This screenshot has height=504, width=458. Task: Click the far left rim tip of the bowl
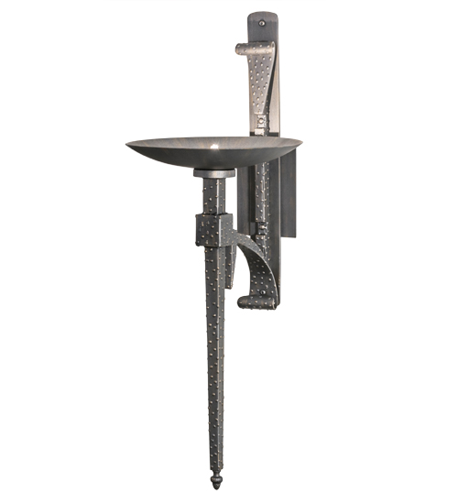(x=128, y=143)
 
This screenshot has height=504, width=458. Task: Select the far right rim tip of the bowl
(x=300, y=141)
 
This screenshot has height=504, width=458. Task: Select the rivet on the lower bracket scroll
(x=262, y=295)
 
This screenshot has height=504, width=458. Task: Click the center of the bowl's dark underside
(x=215, y=158)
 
